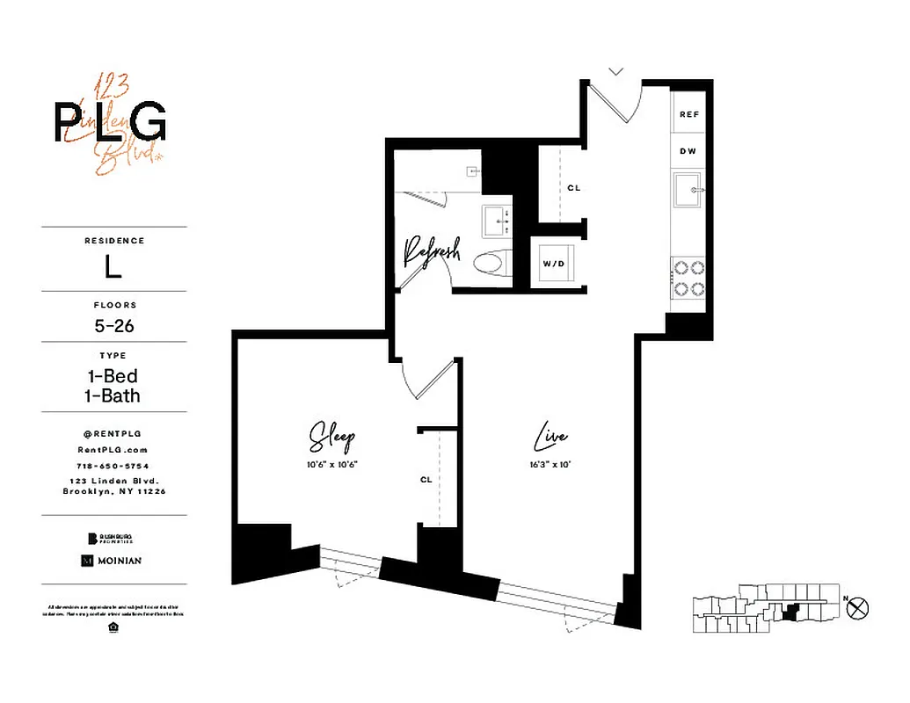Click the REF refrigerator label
point(690,115)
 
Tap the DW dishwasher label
point(688,151)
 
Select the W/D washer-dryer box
point(554,262)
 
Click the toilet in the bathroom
point(491,262)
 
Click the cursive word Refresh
point(431,251)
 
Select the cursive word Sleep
point(332,437)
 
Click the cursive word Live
point(551,437)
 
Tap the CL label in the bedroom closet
point(426,480)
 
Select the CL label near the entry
point(573,188)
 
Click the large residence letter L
point(113,267)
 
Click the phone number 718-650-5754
point(113,465)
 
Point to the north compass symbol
point(860,605)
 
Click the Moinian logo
point(111,560)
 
